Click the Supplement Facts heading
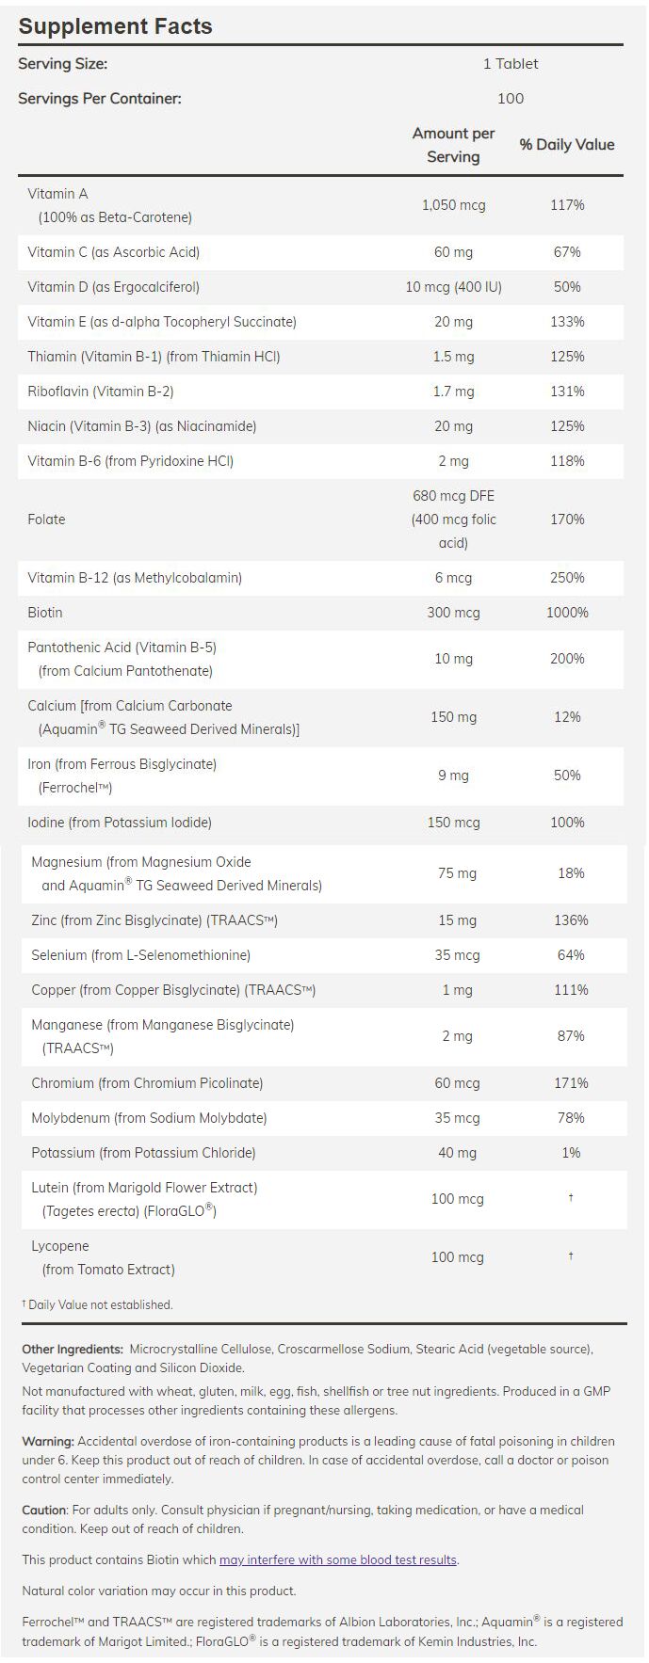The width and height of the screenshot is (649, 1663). coord(115,26)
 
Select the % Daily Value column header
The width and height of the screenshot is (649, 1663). coord(567,145)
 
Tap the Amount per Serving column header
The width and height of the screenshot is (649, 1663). coord(453,145)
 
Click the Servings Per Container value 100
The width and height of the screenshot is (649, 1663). coord(511,98)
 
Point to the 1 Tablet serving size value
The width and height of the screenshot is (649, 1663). coord(511,63)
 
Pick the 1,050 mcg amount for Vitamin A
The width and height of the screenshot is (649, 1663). coord(453,205)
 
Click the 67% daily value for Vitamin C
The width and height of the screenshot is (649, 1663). coord(567,252)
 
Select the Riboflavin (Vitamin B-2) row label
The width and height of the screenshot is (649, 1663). coord(101,392)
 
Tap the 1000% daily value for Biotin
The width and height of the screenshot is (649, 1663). coord(567,613)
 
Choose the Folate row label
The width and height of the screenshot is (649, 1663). coord(47,520)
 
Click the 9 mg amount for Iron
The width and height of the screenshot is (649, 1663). coord(453,776)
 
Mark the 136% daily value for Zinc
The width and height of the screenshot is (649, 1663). coord(571,920)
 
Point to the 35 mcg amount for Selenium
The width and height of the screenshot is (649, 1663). coord(457,955)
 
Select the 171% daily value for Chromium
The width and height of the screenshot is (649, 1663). coord(571,1083)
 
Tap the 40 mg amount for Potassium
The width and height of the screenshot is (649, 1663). coord(457,1153)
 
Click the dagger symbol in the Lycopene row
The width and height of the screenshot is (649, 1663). coord(571,1256)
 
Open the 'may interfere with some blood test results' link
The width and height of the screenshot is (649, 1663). coord(338,1559)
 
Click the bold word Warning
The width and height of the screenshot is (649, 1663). coord(47,1441)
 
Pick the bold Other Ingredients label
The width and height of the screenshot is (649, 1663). coord(73,1349)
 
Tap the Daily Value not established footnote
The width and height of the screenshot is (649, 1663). coord(98,1304)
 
